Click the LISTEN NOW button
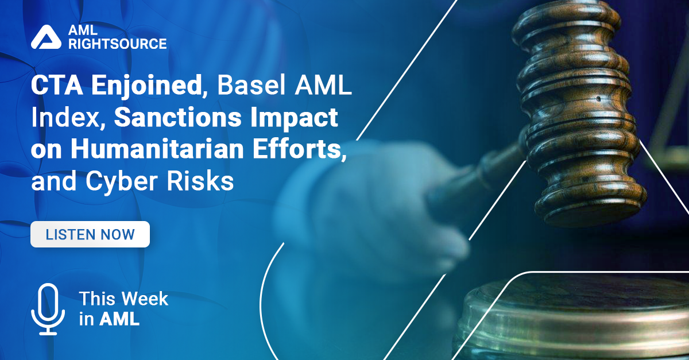pos(90,234)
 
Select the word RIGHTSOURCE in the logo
pos(117,44)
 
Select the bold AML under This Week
pos(119,319)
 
